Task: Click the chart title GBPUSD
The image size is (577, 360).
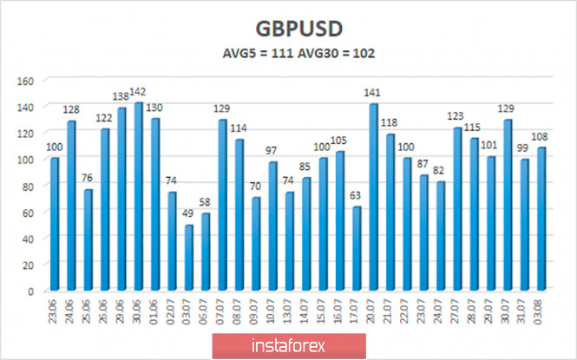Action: [x=288, y=24]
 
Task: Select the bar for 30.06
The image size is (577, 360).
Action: [x=139, y=197]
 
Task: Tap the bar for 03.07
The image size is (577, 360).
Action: [x=187, y=258]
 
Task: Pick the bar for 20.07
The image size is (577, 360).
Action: [x=374, y=198]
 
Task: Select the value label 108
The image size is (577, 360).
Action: [x=542, y=138]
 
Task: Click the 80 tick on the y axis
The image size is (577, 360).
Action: [x=28, y=187]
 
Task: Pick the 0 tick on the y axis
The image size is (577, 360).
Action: [x=31, y=291]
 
